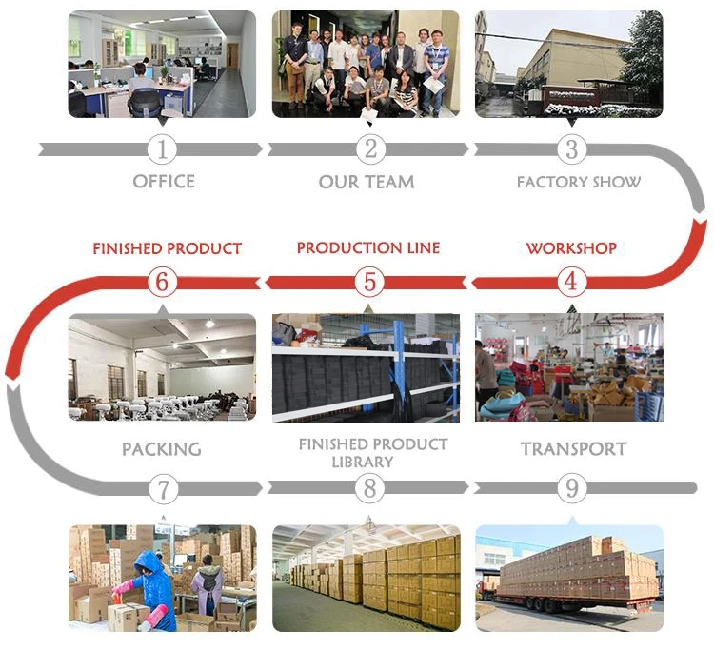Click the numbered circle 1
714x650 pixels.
coord(163,149)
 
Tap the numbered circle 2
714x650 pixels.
coord(370,149)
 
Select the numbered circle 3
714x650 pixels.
coord(571,149)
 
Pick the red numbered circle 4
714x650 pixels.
coord(571,281)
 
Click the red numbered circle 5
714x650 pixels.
coord(370,281)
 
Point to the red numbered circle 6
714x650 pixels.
coord(163,281)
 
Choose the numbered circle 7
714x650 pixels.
coord(163,489)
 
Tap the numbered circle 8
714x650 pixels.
coord(370,489)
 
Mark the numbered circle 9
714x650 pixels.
coord(571,489)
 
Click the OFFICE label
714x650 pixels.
coord(164,181)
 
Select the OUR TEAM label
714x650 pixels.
coord(367,182)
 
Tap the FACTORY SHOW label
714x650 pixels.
coord(579,182)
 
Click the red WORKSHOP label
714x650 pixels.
coord(571,248)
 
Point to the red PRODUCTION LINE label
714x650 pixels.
coord(368,248)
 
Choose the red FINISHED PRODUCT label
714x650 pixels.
coord(167,248)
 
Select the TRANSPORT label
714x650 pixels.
coord(573,449)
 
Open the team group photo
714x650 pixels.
coord(366,64)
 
